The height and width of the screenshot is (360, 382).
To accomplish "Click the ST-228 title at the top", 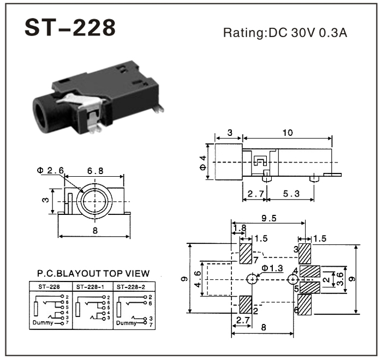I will click(70, 28).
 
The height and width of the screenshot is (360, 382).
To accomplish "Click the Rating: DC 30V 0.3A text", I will click(285, 33).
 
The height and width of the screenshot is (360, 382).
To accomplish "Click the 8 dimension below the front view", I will click(94, 231).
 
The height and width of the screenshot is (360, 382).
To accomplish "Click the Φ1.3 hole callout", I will click(272, 268).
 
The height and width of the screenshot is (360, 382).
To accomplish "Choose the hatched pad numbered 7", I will click(246, 253).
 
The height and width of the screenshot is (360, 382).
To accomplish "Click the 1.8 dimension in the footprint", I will click(239, 228).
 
